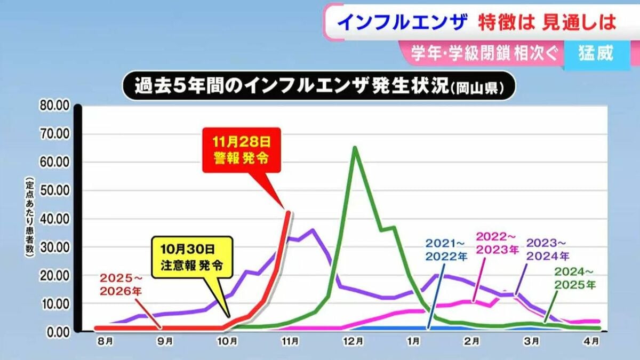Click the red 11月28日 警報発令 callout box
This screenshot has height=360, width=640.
[241, 151]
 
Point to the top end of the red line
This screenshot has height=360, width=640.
[289, 212]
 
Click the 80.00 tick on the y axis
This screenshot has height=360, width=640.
[55, 105]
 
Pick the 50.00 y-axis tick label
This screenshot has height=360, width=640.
[55, 190]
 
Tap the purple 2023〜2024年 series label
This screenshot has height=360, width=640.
[547, 249]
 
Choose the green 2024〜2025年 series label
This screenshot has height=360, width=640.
[574, 279]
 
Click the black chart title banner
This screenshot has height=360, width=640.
[319, 86]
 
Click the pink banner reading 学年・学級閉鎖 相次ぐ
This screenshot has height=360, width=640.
[483, 54]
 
